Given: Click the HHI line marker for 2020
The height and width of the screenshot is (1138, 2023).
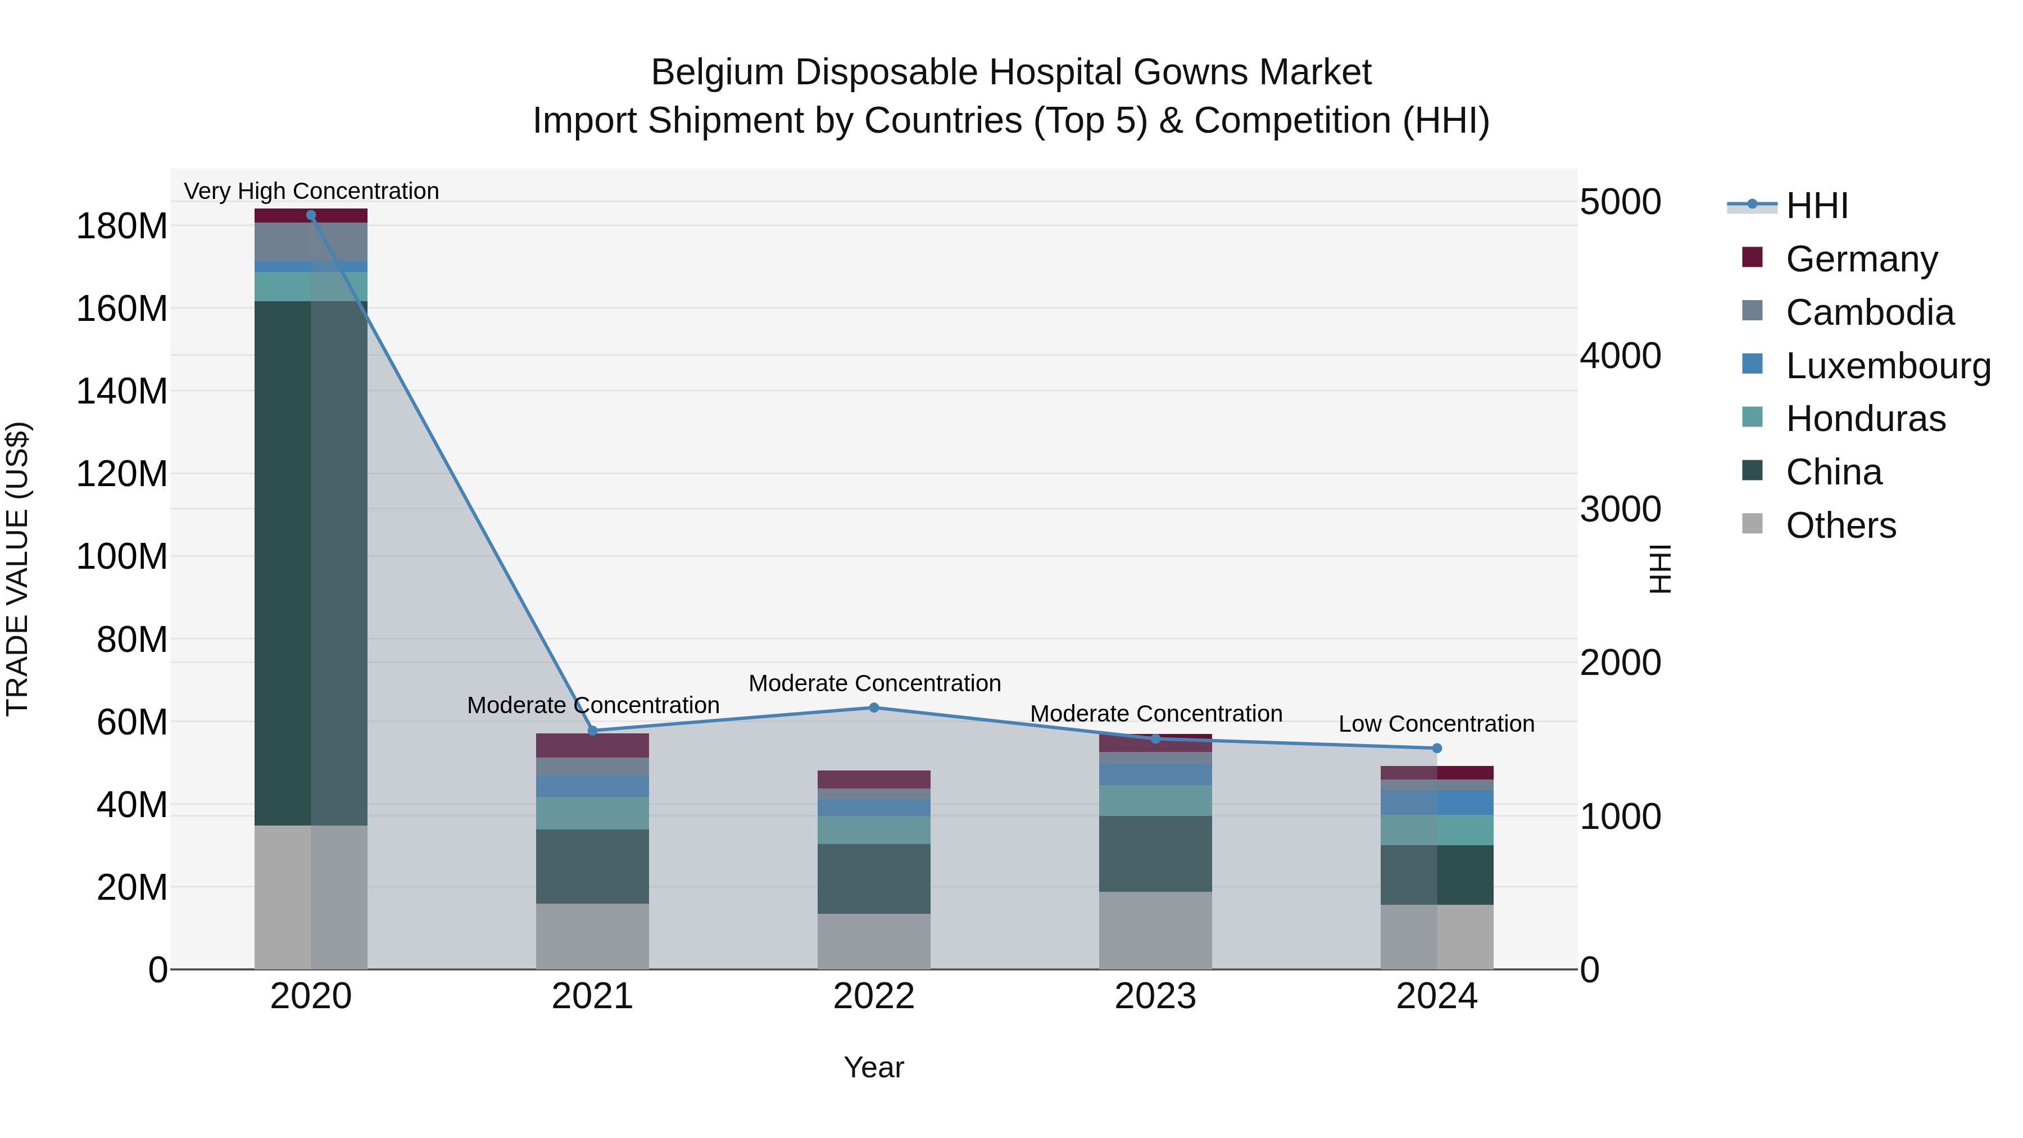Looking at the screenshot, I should pyautogui.click(x=311, y=215).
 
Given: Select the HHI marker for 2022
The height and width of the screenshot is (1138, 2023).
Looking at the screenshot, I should pyautogui.click(x=874, y=708).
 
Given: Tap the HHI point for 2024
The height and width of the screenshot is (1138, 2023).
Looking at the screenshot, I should pyautogui.click(x=1437, y=749).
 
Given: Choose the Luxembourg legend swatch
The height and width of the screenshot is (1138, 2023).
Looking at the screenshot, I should pyautogui.click(x=1752, y=364).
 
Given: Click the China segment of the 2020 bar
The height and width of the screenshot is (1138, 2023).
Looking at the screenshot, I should pyautogui.click(x=311, y=563).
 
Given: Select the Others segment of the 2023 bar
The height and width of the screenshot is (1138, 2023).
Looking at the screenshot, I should pyautogui.click(x=1155, y=930).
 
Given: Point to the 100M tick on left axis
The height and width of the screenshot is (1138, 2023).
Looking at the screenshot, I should pyautogui.click(x=122, y=557).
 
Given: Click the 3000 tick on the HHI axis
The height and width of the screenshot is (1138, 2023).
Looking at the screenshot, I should pyautogui.click(x=1620, y=509).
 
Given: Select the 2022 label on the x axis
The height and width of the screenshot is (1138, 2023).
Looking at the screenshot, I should pyautogui.click(x=874, y=996).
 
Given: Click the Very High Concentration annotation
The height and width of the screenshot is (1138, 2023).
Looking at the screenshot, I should pyautogui.click(x=311, y=191).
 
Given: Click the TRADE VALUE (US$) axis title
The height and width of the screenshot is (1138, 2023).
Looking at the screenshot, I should pyautogui.click(x=18, y=569).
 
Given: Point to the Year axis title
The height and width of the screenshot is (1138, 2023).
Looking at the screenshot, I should pyautogui.click(x=873, y=1067).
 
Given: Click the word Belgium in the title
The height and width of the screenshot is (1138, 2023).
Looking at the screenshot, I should pyautogui.click(x=718, y=72).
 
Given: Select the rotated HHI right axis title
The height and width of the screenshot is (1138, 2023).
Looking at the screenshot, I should pyautogui.click(x=1659, y=569).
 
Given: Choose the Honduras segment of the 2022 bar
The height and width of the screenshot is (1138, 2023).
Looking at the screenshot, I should pyautogui.click(x=874, y=830).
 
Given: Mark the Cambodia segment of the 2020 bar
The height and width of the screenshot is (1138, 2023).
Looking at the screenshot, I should pyautogui.click(x=311, y=242).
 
